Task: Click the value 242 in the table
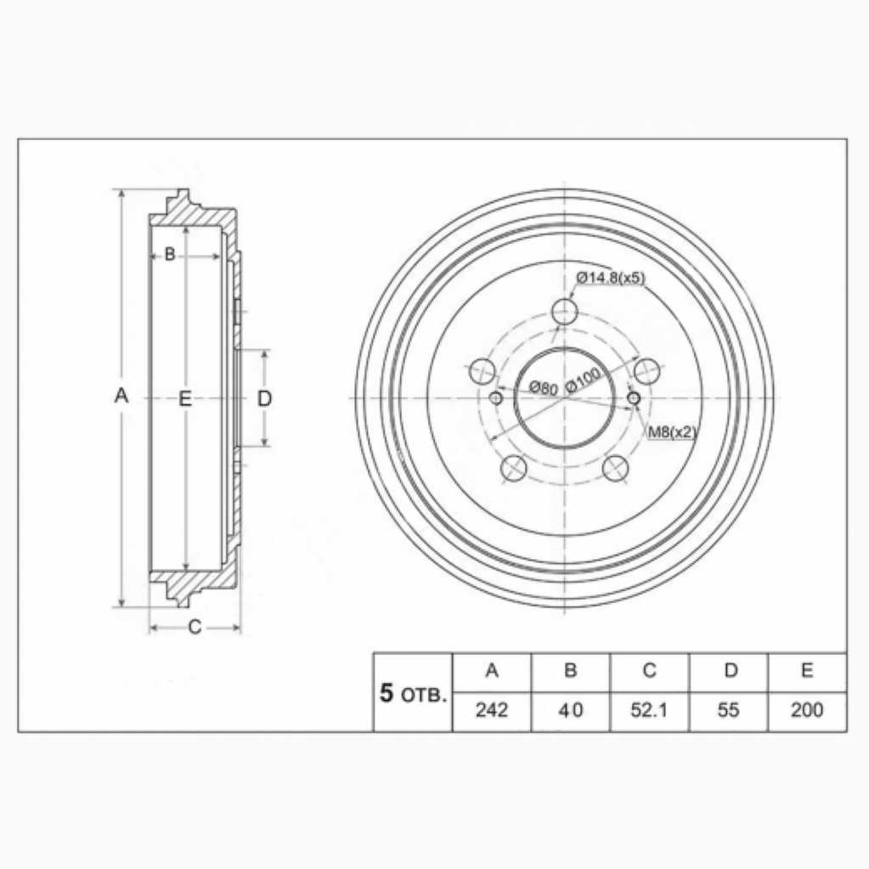click(492, 710)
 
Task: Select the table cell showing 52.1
click(649, 710)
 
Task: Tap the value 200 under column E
click(807, 710)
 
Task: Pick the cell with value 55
click(728, 710)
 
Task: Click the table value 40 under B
click(570, 710)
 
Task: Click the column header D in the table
click(731, 670)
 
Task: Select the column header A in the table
click(492, 670)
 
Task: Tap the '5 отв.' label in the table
click(413, 694)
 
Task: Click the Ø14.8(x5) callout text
click(611, 278)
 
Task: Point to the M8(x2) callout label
click(672, 432)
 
